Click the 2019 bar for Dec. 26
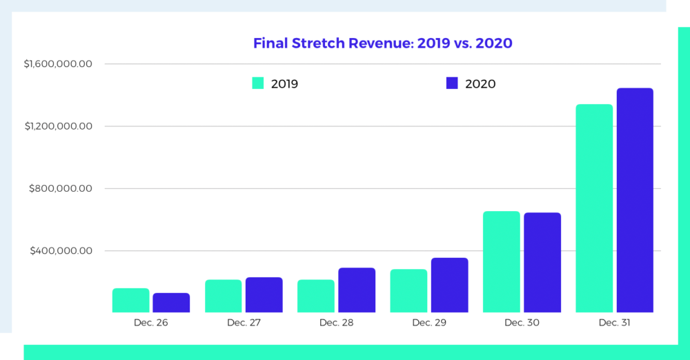point(131,301)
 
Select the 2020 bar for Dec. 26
point(171,303)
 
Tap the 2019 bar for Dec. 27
point(224,296)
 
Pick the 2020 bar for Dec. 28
point(357,290)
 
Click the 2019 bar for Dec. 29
point(408,291)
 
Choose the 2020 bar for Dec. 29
point(449,285)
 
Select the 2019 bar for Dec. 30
point(501,262)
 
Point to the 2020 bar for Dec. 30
point(542,263)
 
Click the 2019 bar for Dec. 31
point(594,208)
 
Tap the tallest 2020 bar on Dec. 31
point(635,200)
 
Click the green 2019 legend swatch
point(258,83)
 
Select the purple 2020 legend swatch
point(453,83)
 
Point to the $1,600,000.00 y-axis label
point(58,64)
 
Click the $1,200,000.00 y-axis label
point(58,126)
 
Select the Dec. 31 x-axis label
point(614,323)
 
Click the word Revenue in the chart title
point(373,43)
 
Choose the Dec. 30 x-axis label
point(521,323)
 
